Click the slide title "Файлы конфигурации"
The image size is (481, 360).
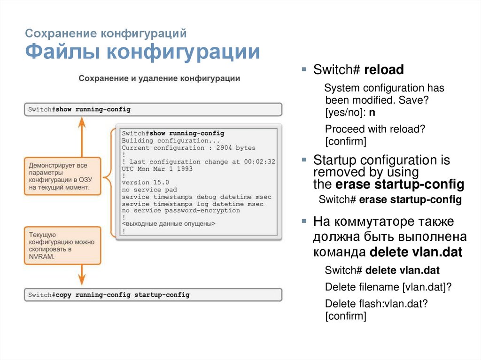pos(142,52)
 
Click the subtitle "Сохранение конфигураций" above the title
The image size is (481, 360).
pos(106,34)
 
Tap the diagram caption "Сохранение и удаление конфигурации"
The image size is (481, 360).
pos(159,78)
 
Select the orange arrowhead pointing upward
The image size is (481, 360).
pos(81,123)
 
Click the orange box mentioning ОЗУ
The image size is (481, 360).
pos(62,176)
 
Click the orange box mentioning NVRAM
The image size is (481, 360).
pos(62,245)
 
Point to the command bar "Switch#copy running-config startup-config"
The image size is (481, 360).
pos(153,295)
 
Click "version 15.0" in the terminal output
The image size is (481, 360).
pos(145,183)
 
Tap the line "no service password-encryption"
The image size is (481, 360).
pos(181,210)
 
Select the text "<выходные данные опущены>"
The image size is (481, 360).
pos(169,224)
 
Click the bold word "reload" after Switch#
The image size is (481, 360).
pos(384,70)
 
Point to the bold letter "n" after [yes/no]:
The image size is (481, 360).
pos(372,113)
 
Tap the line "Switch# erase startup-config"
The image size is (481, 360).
pos(390,200)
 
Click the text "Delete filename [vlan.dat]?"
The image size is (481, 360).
pos(388,287)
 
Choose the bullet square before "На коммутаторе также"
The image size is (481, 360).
pos(304,221)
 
